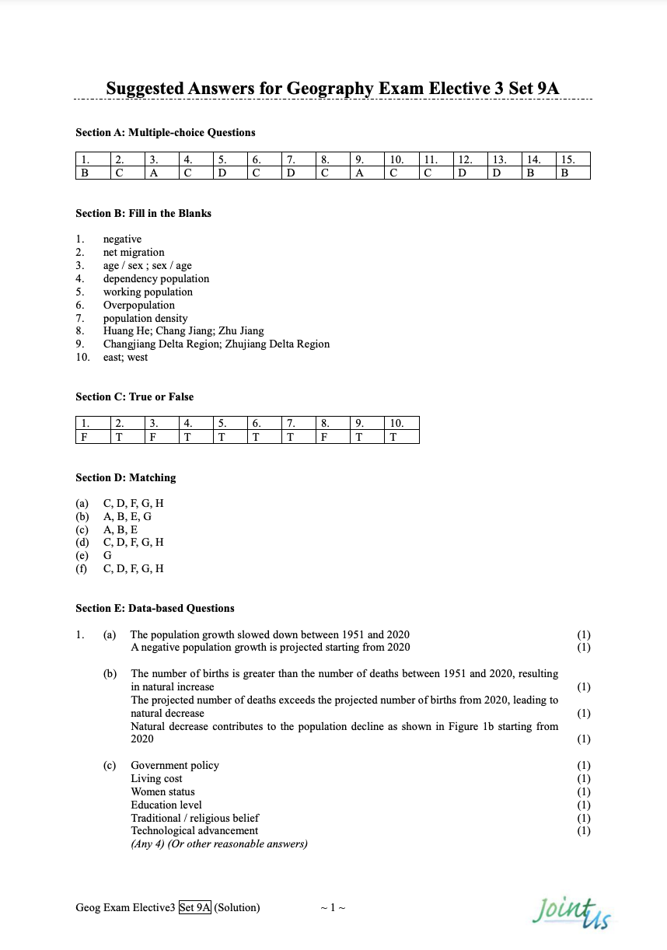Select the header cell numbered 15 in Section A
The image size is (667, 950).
click(573, 159)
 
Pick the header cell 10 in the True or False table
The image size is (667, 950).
click(402, 424)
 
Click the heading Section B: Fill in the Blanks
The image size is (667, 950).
click(143, 213)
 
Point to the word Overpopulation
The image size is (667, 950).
click(139, 305)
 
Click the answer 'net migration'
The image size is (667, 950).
click(134, 252)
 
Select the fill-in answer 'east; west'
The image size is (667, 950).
click(125, 358)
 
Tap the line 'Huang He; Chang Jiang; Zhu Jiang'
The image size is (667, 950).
click(183, 331)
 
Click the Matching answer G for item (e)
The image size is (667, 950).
click(107, 555)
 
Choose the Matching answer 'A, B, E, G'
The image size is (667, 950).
click(127, 516)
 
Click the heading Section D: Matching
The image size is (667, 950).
click(125, 477)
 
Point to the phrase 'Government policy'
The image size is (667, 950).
click(175, 766)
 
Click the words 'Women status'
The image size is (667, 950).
click(162, 791)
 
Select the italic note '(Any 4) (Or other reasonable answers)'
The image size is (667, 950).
click(219, 844)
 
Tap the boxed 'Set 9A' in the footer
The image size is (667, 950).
click(195, 907)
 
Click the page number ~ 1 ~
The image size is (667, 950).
click(332, 907)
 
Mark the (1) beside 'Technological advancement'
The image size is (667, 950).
click(584, 831)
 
